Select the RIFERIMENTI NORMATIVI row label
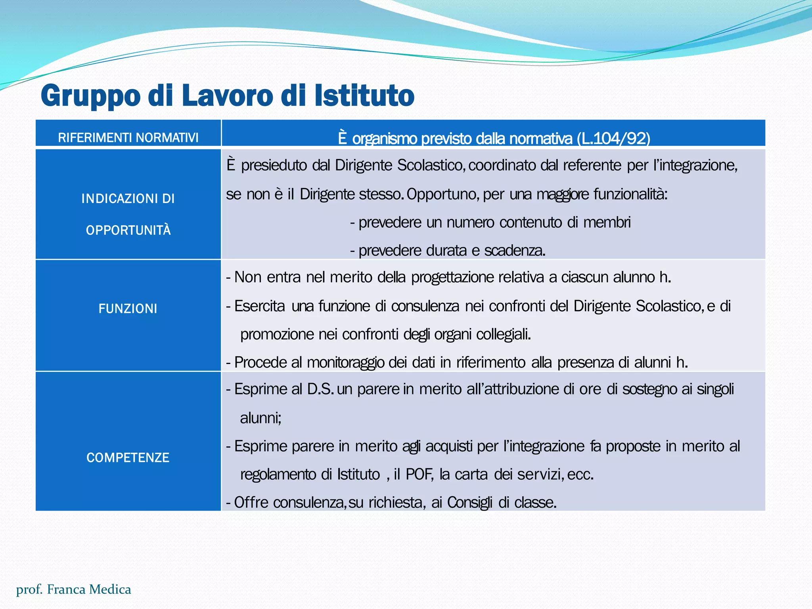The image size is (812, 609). click(128, 138)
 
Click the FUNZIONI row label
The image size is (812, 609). click(128, 308)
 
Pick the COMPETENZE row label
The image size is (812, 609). click(128, 458)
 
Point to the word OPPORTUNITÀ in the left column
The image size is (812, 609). click(128, 230)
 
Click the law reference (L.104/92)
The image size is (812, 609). click(614, 138)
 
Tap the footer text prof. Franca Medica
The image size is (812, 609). click(73, 590)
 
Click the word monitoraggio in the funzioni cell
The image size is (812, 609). click(345, 362)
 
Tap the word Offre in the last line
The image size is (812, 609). click(251, 502)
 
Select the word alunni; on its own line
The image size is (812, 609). click(260, 418)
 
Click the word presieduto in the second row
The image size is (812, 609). click(274, 165)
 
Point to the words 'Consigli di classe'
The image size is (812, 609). click(502, 502)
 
